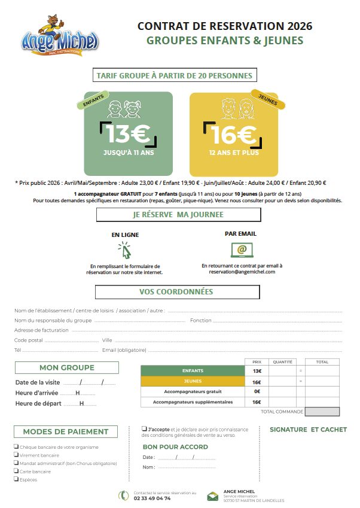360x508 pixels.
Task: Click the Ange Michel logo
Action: pos(59,37)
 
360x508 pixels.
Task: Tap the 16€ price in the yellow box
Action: pos(234,134)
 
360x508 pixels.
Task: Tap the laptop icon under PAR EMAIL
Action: pos(242,250)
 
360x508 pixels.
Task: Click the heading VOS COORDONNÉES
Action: pos(177,292)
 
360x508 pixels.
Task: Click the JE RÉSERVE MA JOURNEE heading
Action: pos(178,214)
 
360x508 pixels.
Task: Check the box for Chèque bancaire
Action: pos(16,446)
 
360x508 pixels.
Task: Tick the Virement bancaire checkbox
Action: pos(16,455)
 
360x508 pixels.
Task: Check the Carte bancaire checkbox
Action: pos(16,471)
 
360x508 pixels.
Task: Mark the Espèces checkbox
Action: pos(16,479)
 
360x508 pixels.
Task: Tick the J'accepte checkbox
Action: pos(144,429)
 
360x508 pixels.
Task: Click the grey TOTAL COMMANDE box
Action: pos(322,412)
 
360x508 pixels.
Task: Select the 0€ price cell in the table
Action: pos(257,391)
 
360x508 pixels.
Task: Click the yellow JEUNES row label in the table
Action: pos(193,382)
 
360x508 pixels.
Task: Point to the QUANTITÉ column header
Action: pos(282,362)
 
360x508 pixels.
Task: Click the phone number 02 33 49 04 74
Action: pos(152,498)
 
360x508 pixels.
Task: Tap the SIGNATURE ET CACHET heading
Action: pos(308,430)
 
